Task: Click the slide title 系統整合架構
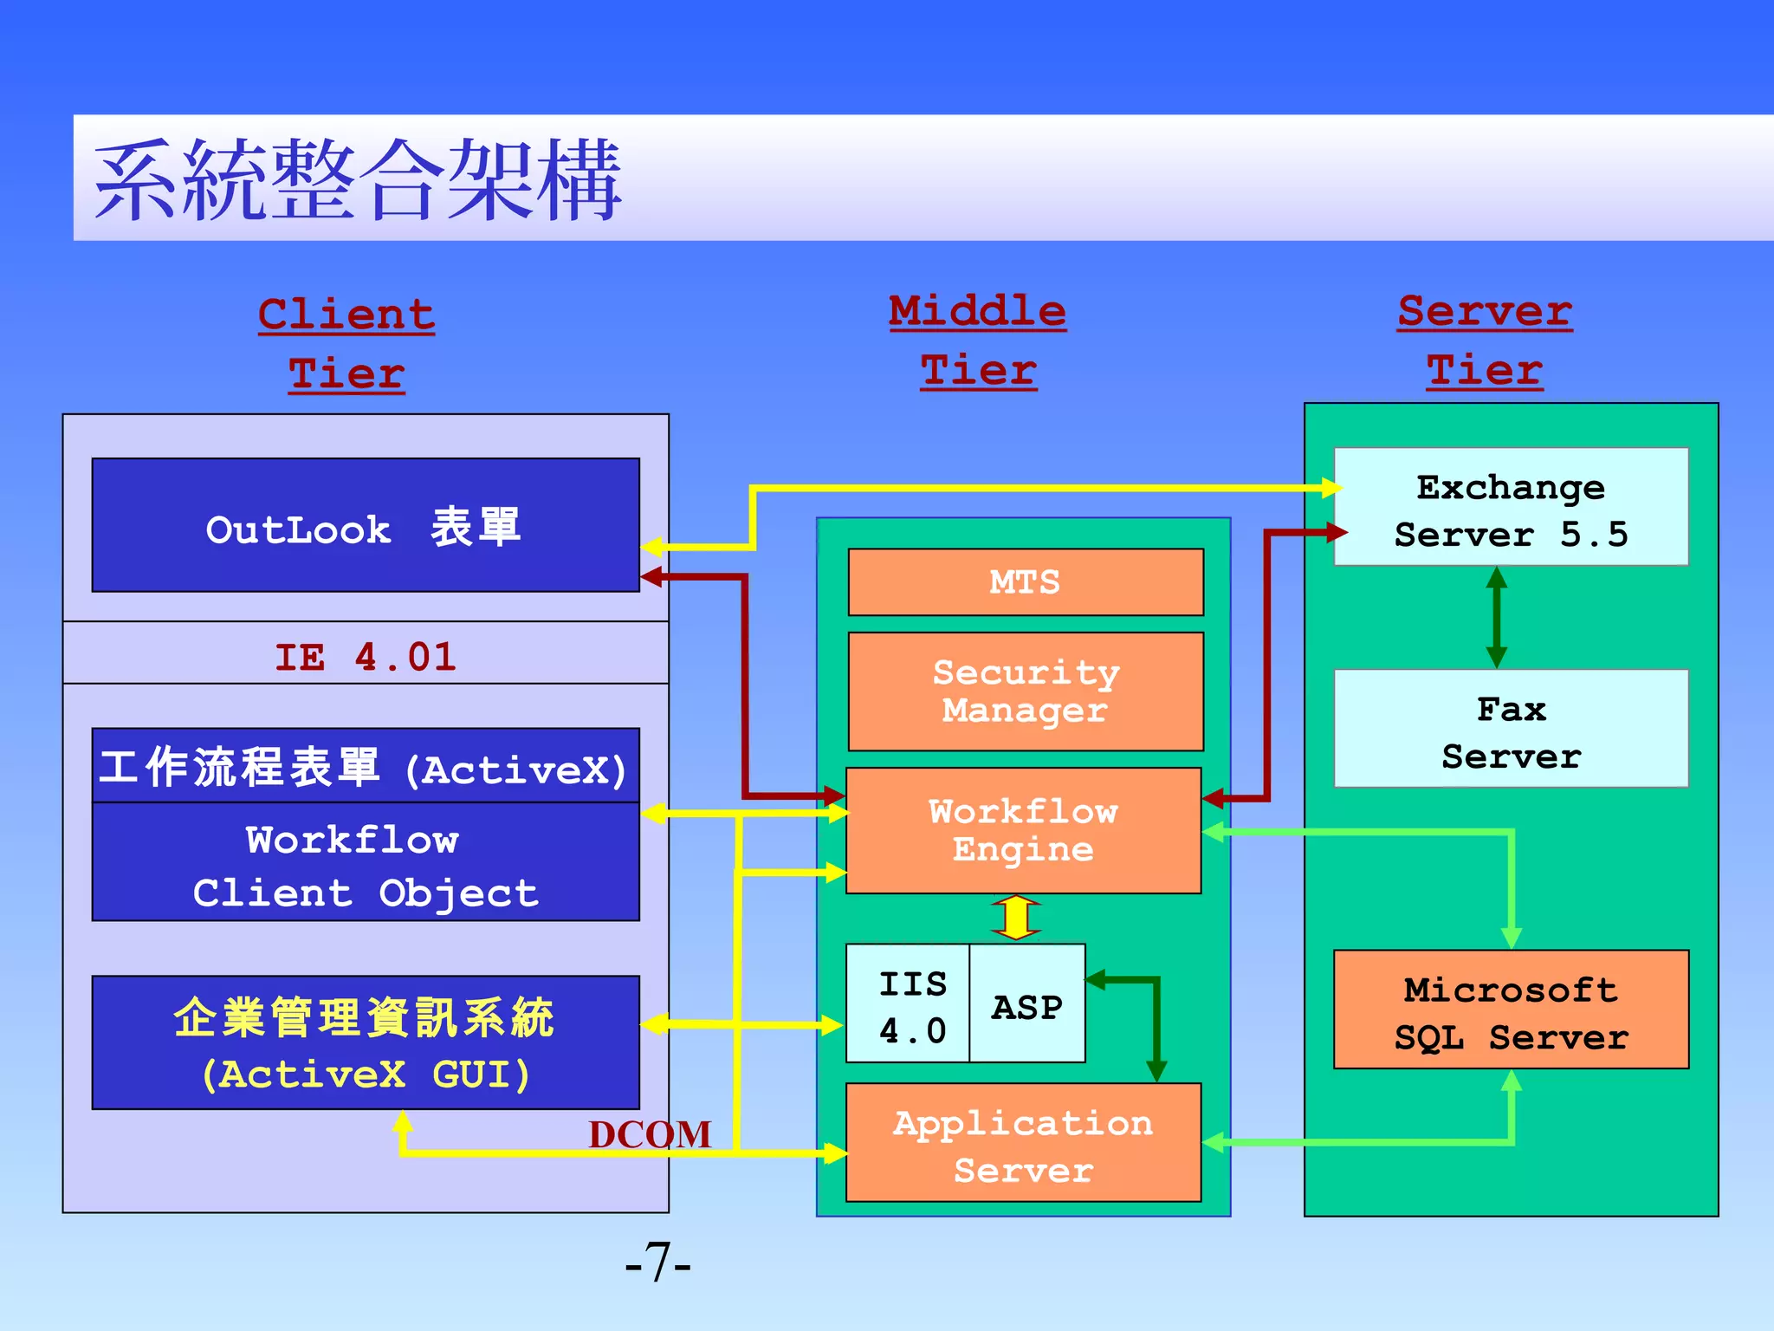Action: tap(357, 179)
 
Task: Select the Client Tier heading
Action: tap(346, 344)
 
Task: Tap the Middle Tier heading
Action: tap(978, 341)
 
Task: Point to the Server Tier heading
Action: tap(1485, 341)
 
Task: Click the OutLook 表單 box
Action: tap(366, 526)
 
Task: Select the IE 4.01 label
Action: tap(366, 656)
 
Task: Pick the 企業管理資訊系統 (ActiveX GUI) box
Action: tap(366, 1042)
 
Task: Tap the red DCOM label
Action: tap(650, 1134)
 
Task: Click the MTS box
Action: tap(1026, 582)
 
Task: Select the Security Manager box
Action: tap(1026, 691)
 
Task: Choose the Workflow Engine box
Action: tap(1024, 830)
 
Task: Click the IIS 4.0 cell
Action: tap(910, 1005)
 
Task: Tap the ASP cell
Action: tap(1027, 1005)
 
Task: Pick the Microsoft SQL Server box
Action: tap(1511, 1011)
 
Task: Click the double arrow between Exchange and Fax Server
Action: tap(1497, 617)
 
